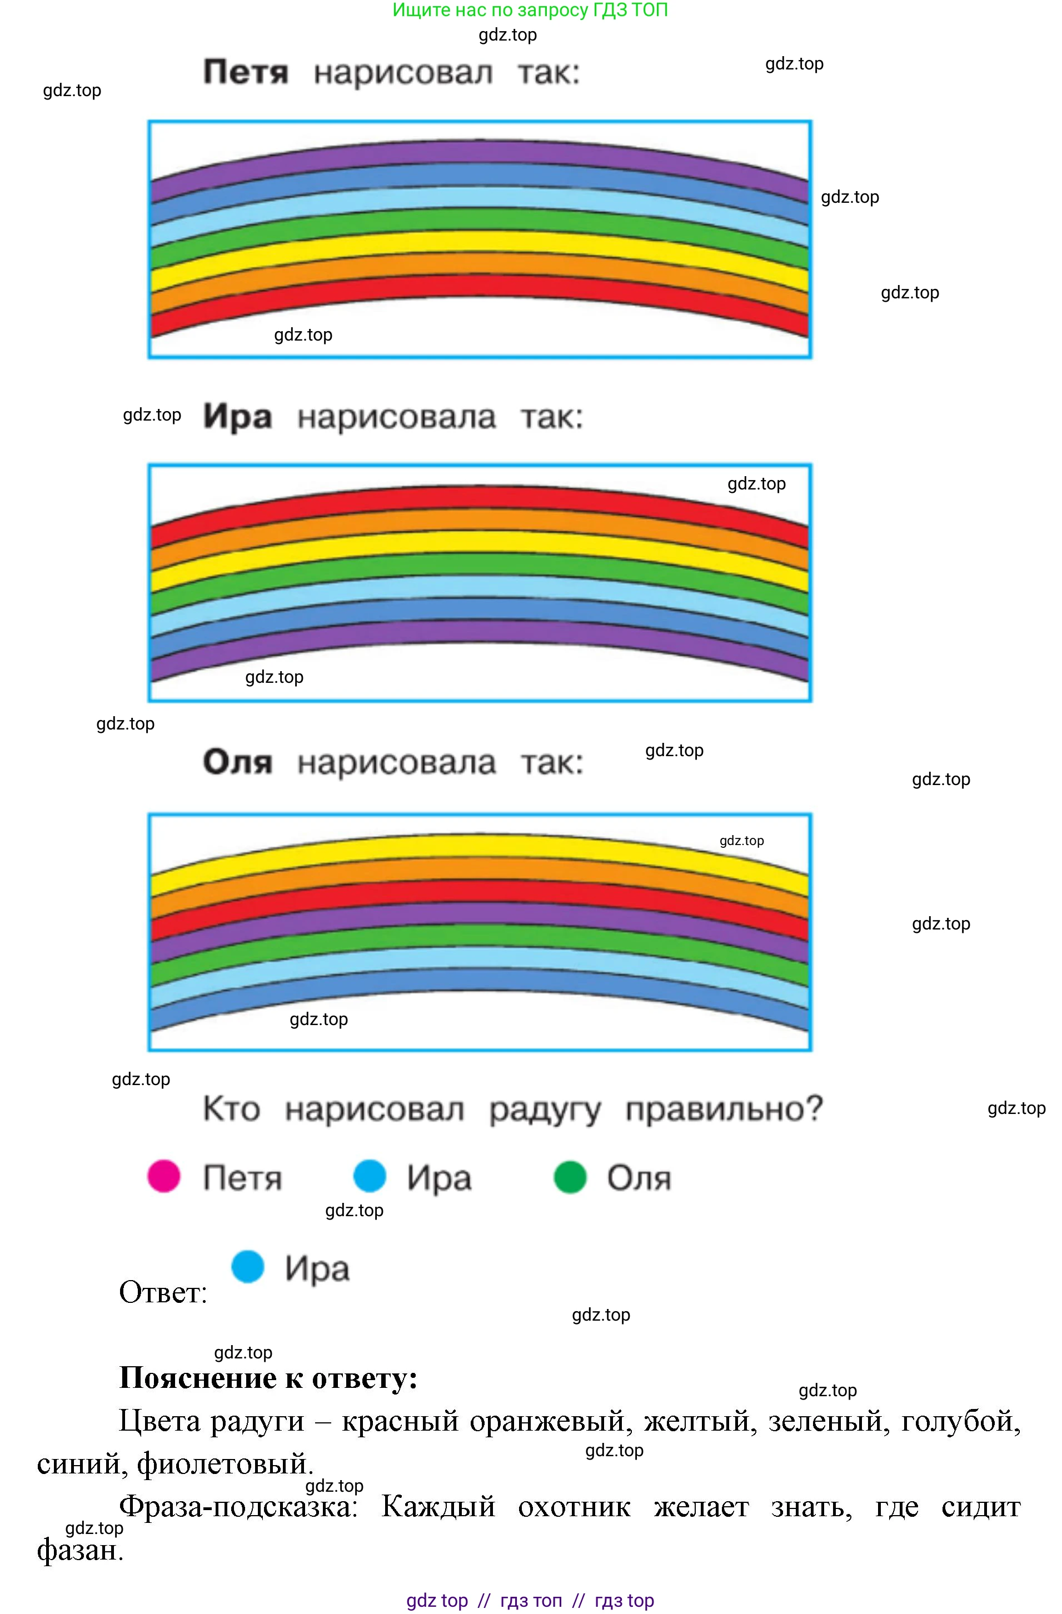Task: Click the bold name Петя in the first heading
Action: click(246, 72)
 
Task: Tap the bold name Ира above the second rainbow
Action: click(237, 416)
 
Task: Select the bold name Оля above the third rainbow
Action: click(237, 762)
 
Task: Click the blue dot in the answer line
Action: click(247, 1266)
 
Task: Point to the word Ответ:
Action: click(163, 1292)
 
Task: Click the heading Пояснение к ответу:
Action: click(268, 1377)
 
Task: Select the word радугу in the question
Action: click(545, 1110)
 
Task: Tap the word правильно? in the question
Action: click(724, 1110)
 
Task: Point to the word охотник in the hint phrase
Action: click(574, 1507)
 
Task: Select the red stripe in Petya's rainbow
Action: click(480, 286)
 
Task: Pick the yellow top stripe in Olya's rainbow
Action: click(480, 846)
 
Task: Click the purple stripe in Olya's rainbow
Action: click(480, 913)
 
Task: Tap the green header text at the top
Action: click(530, 10)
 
